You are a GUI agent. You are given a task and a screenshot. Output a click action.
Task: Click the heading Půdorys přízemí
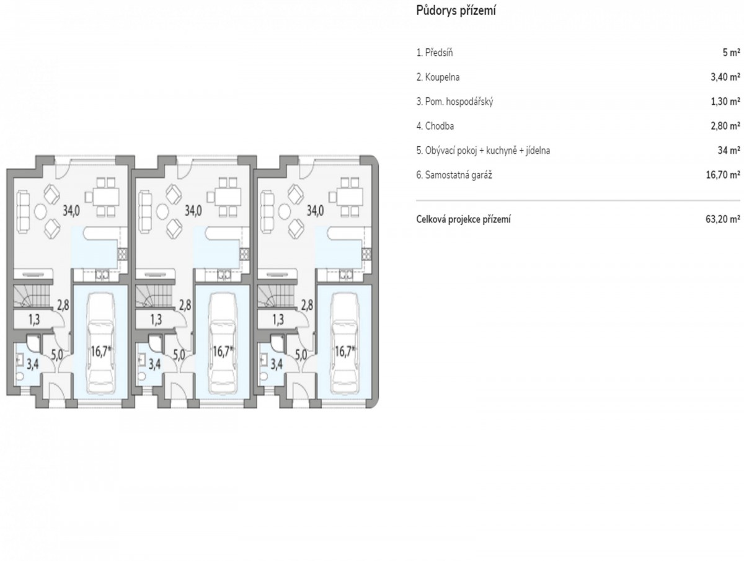(456, 11)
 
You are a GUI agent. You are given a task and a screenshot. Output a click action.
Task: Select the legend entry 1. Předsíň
(435, 53)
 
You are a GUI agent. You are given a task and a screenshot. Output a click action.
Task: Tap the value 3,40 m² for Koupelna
(725, 77)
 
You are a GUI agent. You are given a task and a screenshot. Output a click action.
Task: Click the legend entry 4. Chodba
(435, 126)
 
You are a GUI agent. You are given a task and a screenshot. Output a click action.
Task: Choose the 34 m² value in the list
(728, 151)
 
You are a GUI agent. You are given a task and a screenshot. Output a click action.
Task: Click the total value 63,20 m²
(723, 219)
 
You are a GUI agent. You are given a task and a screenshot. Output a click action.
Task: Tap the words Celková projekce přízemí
(463, 219)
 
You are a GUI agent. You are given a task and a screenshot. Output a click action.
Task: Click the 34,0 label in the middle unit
(193, 211)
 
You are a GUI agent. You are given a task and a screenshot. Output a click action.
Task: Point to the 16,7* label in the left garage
(101, 351)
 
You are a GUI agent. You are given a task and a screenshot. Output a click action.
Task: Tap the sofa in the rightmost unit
(267, 212)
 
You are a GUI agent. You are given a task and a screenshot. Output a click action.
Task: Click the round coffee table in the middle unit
(162, 213)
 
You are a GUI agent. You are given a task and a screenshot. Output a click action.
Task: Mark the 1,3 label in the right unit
(278, 319)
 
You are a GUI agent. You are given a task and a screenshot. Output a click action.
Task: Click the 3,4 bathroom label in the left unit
(32, 364)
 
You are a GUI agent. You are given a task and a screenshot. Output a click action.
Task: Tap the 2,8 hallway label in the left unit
(63, 305)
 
